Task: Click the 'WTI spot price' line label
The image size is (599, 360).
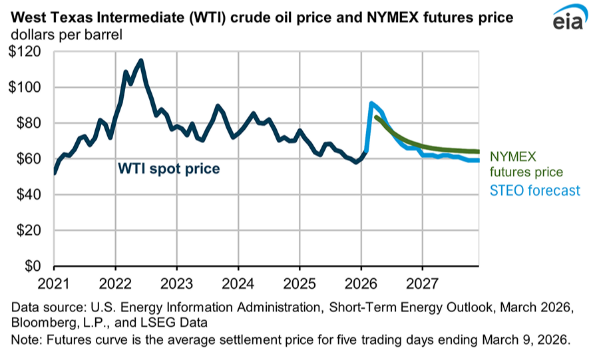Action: coord(168,169)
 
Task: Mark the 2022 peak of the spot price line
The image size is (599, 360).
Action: coord(140,61)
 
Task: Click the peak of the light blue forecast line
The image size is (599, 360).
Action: coord(371,102)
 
